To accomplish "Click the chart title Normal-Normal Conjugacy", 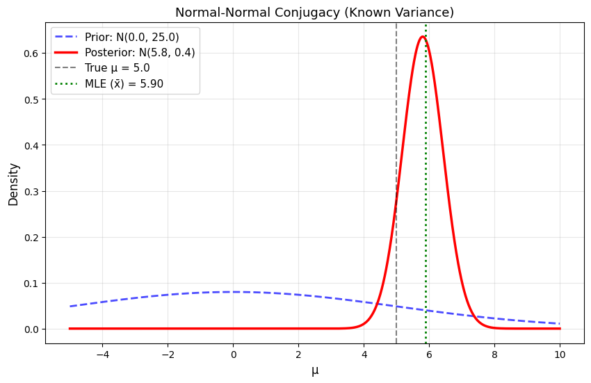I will [x=314, y=12].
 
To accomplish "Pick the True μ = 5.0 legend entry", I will [x=122, y=68].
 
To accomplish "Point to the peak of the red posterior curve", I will [x=422, y=37].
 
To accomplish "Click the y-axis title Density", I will [x=13, y=184].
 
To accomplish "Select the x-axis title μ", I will [x=315, y=370].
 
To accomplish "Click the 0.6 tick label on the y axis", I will [x=31, y=53].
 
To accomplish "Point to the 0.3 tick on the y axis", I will [x=31, y=191].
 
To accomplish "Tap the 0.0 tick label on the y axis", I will [x=31, y=329].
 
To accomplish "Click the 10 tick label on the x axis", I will [x=560, y=352].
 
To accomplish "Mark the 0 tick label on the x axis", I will [x=234, y=352].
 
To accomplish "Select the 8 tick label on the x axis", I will [x=494, y=352].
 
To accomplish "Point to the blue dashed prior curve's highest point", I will [x=234, y=292].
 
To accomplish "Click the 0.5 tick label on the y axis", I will [x=31, y=99].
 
